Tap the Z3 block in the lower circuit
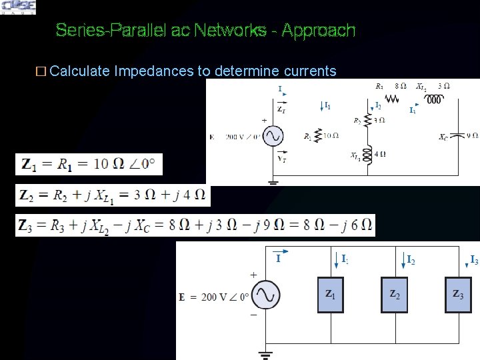(x=459, y=293)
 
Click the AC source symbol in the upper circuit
(x=273, y=137)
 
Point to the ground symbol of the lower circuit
(x=264, y=353)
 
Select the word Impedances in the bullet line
(x=155, y=71)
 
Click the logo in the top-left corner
(x=19, y=7)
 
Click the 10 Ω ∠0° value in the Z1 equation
(x=126, y=164)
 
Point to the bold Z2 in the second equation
(x=27, y=195)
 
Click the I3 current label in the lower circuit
(x=473, y=260)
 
